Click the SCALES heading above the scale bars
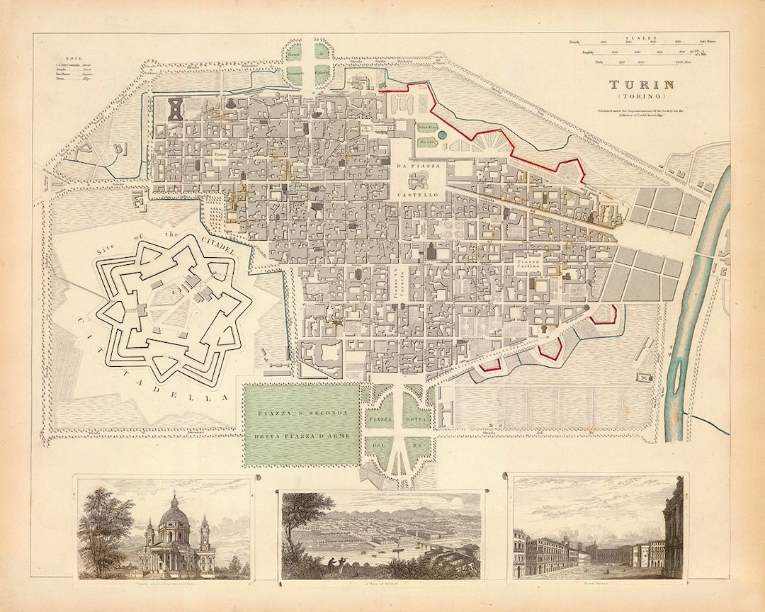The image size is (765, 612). pos(640,36)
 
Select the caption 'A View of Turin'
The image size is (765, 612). pos(381,584)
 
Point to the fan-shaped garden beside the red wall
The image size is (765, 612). pos(489,142)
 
